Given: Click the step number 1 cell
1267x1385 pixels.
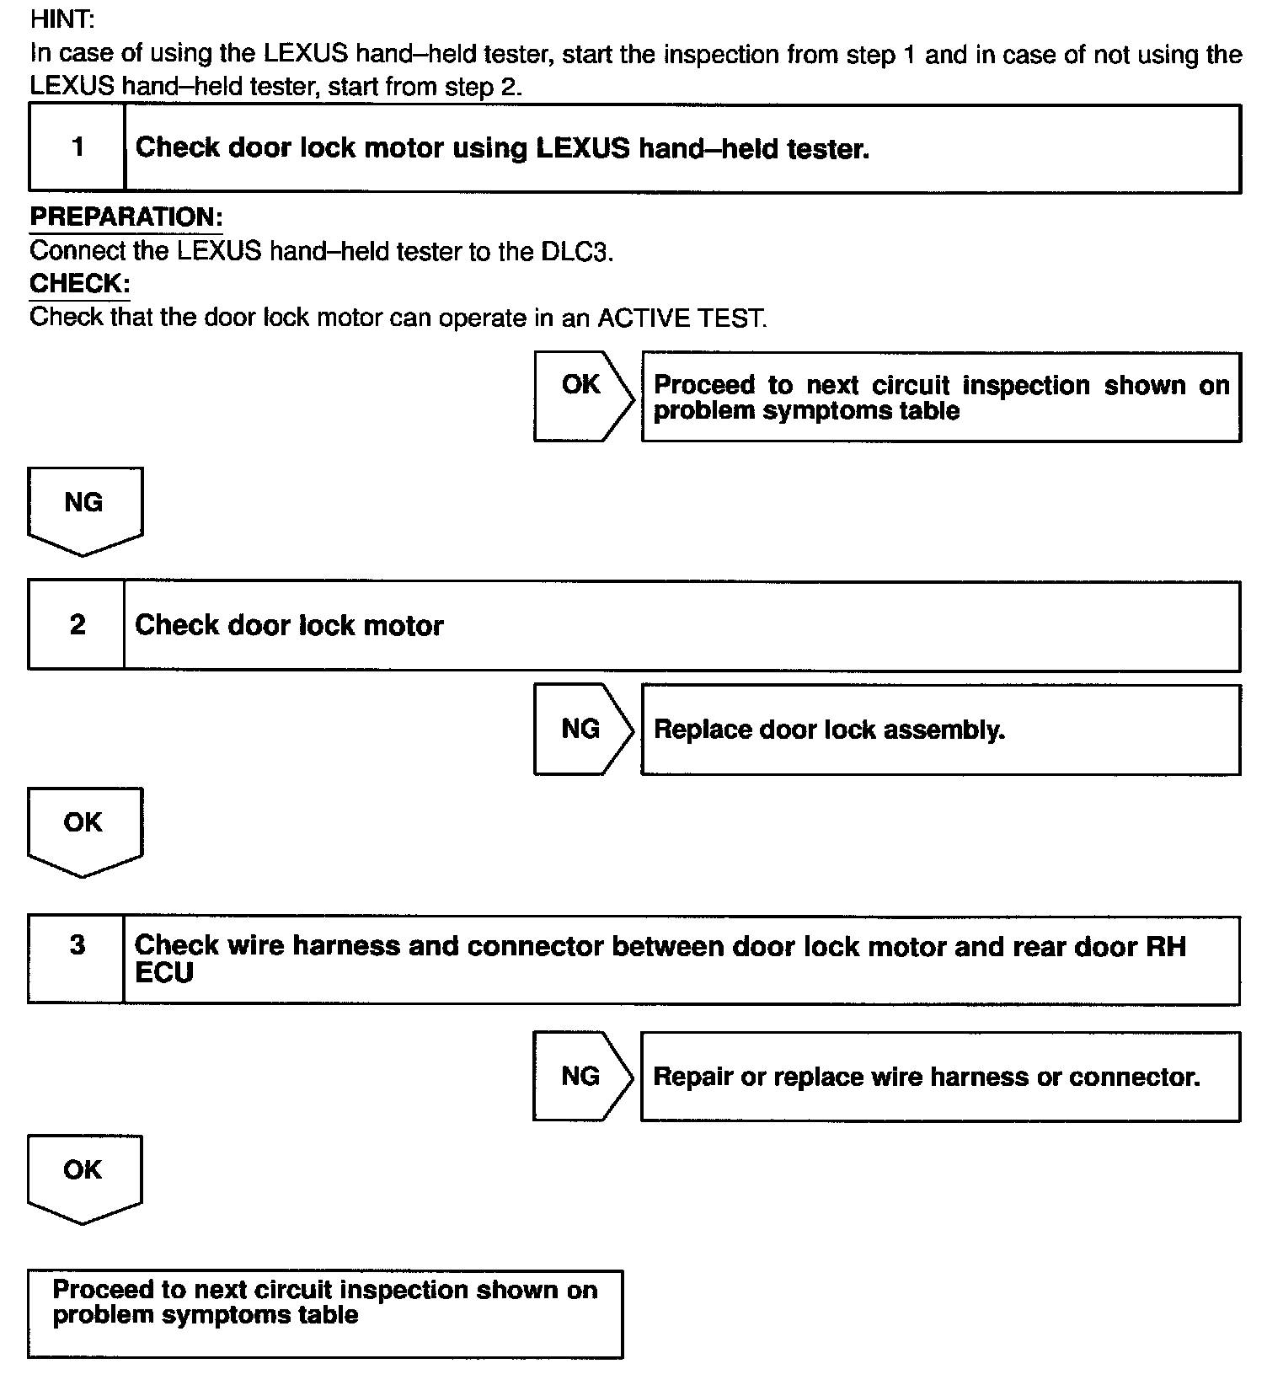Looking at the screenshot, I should pyautogui.click(x=78, y=148).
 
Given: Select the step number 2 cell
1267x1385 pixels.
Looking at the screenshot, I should pyautogui.click(x=77, y=625).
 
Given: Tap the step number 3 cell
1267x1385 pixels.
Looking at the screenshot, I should pyautogui.click(x=77, y=959).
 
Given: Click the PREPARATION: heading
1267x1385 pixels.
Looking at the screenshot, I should pyautogui.click(x=126, y=217).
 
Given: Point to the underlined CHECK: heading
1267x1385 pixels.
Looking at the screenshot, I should pyautogui.click(x=80, y=284).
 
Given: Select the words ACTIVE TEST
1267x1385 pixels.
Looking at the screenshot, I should pyautogui.click(x=682, y=318).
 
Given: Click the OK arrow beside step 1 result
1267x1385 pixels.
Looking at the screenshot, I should pyautogui.click(x=582, y=396).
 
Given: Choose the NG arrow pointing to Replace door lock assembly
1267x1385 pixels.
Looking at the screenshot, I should pyautogui.click(x=582, y=729).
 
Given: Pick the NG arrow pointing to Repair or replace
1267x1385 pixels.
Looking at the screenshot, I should pyautogui.click(x=581, y=1076).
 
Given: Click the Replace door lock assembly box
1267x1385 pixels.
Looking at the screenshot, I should pyautogui.click(x=940, y=730).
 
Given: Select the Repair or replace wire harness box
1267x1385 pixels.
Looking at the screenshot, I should pyautogui.click(x=940, y=1077).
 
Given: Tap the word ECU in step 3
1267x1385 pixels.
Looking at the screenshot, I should pyautogui.click(x=164, y=973).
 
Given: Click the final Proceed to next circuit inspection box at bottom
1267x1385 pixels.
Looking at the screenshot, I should pyautogui.click(x=325, y=1313).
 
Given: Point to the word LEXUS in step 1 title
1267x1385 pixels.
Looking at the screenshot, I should pyautogui.click(x=583, y=148).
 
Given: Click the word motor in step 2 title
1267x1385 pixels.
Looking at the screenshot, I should pyautogui.click(x=403, y=626).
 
